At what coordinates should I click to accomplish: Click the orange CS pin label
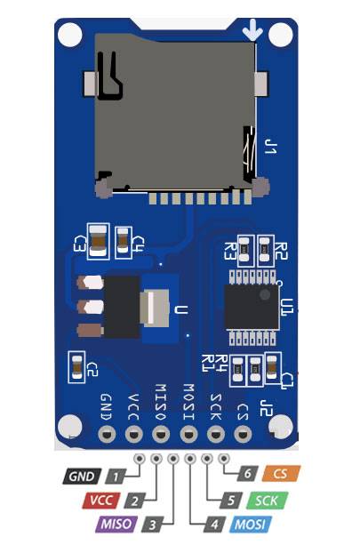[281, 474]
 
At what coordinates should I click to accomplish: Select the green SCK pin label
[268, 501]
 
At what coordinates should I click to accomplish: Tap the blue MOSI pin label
[250, 525]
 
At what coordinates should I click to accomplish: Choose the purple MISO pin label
[116, 525]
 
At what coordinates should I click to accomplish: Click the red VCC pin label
[101, 501]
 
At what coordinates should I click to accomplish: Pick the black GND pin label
[82, 477]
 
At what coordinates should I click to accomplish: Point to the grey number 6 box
[247, 473]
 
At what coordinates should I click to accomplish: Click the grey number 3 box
[152, 525]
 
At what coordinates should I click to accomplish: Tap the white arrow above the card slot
[252, 30]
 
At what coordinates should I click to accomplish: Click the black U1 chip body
[252, 307]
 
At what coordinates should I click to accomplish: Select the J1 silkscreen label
[270, 147]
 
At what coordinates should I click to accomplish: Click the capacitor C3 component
[98, 241]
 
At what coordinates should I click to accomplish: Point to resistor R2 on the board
[265, 248]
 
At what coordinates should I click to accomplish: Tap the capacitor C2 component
[76, 367]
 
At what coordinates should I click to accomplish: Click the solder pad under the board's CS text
[243, 434]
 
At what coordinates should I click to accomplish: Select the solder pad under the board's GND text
[107, 434]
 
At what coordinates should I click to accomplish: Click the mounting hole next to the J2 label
[280, 427]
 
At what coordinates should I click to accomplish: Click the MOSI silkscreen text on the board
[188, 402]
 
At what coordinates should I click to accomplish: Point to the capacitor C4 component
[123, 240]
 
